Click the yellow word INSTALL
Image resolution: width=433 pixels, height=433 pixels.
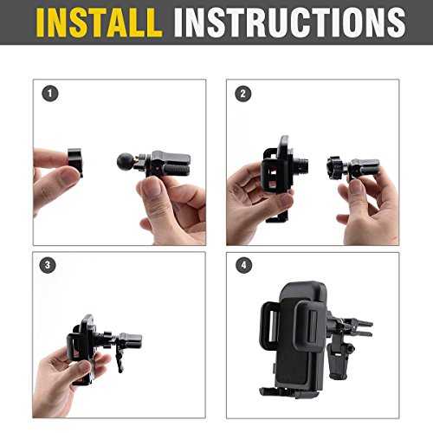99,23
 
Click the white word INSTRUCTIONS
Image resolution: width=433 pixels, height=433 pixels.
290,23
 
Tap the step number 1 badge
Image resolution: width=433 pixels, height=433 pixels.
50,94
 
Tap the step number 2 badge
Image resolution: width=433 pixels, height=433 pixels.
243,94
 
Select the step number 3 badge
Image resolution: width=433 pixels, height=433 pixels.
48,265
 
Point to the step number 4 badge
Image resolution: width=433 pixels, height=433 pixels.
244,265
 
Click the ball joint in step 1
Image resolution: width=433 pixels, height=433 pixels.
125,162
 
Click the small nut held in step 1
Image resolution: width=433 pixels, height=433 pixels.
75,162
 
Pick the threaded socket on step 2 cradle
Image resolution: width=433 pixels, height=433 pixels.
301,165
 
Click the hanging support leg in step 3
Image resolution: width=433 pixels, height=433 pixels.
119,358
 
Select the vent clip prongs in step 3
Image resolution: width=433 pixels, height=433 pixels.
131,340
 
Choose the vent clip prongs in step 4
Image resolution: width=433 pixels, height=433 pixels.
361,328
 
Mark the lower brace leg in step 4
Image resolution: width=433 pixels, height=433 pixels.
340,361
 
